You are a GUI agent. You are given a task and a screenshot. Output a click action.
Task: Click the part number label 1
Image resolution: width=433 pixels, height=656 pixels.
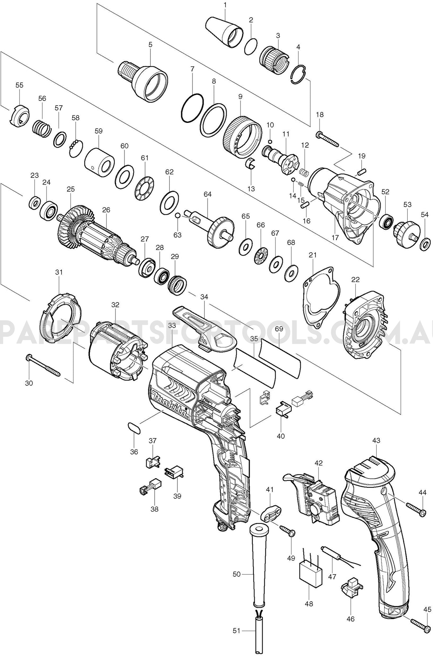[225, 5]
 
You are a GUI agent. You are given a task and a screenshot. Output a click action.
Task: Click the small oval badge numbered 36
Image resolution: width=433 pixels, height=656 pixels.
[134, 428]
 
